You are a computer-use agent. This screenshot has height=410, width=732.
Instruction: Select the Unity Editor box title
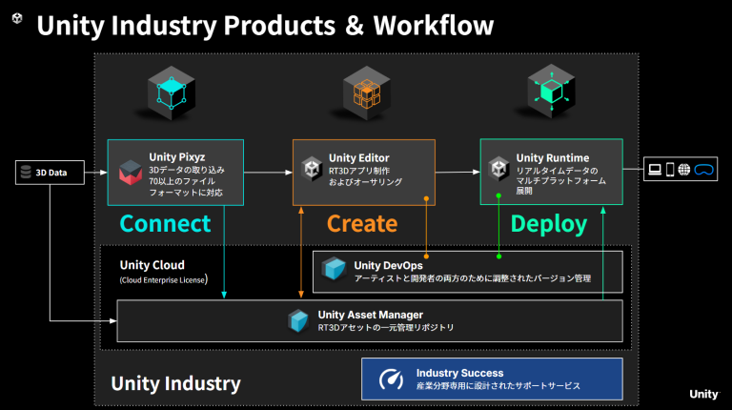pyautogui.click(x=358, y=157)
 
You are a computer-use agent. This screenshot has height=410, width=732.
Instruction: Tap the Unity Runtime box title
pyautogui.click(x=552, y=157)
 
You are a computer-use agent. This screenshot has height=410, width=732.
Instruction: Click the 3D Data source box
pyautogui.click(x=50, y=173)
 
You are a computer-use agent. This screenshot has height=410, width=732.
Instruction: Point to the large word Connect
pyautogui.click(x=164, y=223)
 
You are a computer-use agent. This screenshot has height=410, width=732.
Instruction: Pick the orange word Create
pyautogui.click(x=362, y=223)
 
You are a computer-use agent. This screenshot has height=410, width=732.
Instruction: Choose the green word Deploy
pyautogui.click(x=549, y=223)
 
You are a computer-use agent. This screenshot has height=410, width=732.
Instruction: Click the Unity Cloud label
pyautogui.click(x=152, y=264)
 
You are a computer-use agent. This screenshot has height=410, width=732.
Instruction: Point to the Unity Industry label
pyautogui.click(x=175, y=383)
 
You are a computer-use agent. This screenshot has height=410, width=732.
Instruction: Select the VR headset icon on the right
pyautogui.click(x=704, y=171)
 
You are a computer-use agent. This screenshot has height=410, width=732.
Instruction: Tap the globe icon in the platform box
pyautogui.click(x=684, y=171)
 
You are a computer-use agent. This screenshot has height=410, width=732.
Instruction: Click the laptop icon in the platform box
pyautogui.click(x=656, y=171)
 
